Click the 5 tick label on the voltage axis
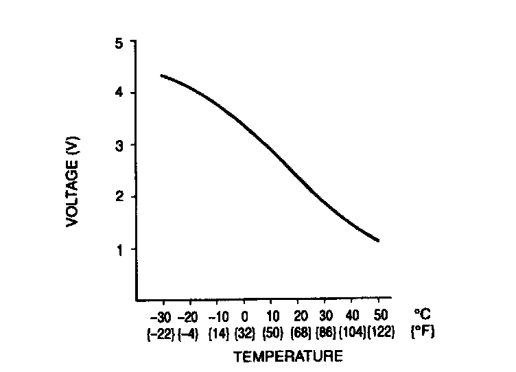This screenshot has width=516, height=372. [x=120, y=43]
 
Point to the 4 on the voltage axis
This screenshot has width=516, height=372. [x=120, y=93]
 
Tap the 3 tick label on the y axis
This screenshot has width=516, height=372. [x=120, y=145]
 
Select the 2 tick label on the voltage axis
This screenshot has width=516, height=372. [x=120, y=197]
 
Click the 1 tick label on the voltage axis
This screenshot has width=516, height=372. [x=120, y=249]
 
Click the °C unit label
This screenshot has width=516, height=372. [x=422, y=315]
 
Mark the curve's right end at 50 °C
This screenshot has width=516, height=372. [x=378, y=241]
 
